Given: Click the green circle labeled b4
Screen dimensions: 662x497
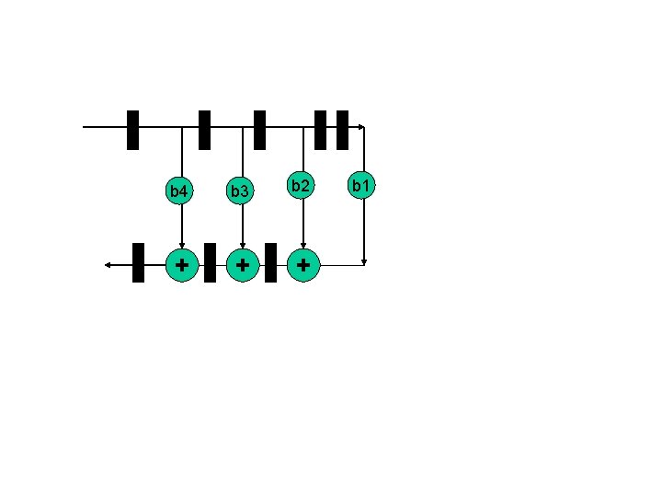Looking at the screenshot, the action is pyautogui.click(x=180, y=191).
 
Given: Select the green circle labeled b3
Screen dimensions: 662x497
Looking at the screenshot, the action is pyautogui.click(x=241, y=191).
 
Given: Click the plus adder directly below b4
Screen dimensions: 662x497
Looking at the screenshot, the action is pyautogui.click(x=182, y=265).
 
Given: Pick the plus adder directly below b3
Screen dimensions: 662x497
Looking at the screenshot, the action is pyautogui.click(x=242, y=265).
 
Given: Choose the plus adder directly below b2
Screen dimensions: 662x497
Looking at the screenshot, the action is pyautogui.click(x=302, y=265).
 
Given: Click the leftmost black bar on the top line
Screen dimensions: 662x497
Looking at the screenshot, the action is pyautogui.click(x=132, y=130).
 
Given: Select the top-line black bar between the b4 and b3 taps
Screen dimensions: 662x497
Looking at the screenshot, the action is pyautogui.click(x=204, y=130).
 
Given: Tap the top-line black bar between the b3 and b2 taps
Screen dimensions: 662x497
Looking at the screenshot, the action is pyautogui.click(x=259, y=130).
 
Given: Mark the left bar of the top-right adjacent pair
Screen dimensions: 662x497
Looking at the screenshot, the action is pyautogui.click(x=320, y=130).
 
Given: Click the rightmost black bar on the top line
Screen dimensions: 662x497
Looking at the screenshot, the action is pyautogui.click(x=342, y=130).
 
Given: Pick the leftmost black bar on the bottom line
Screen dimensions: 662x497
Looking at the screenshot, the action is pyautogui.click(x=138, y=262).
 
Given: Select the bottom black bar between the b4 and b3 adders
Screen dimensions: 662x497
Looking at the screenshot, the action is pyautogui.click(x=210, y=262).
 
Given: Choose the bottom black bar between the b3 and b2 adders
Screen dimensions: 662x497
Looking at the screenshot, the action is pyautogui.click(x=270, y=262).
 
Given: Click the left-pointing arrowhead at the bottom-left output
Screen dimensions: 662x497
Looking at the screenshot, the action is pyautogui.click(x=108, y=265).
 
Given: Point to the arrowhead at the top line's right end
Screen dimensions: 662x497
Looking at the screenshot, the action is pyautogui.click(x=361, y=127).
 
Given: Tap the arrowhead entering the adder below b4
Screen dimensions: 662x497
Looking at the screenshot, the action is pyautogui.click(x=181, y=245).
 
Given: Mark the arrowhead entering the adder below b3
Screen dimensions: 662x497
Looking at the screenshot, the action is pyautogui.click(x=242, y=245).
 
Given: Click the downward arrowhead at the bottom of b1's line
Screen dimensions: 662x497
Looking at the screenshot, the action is pyautogui.click(x=364, y=261).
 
